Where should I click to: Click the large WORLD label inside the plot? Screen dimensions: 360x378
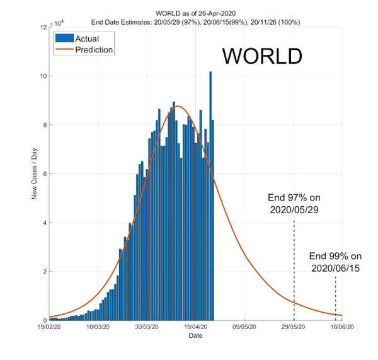[262, 56]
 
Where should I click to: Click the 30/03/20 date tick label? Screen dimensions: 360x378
[146, 327]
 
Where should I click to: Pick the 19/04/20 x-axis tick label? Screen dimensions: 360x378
[195, 327]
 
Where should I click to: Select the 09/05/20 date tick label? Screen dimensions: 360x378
[244, 327]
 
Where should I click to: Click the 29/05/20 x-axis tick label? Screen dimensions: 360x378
[294, 327]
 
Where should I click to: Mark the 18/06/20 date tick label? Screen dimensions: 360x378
[342, 327]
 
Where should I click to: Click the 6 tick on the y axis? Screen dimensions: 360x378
[43, 174]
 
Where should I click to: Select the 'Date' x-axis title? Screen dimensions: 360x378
[195, 336]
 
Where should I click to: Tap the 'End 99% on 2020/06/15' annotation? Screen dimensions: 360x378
[335, 262]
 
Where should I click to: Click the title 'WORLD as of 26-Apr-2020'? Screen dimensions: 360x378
[195, 14]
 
